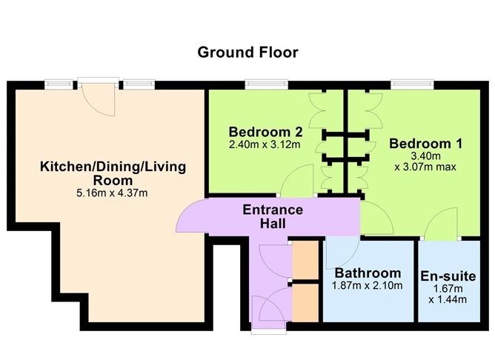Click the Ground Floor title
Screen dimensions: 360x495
(x=247, y=53)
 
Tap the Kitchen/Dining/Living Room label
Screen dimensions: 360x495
(x=113, y=173)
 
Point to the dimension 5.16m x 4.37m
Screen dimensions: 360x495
(x=113, y=193)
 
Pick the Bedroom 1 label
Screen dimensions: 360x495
(x=420, y=142)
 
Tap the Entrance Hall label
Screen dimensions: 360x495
(x=273, y=216)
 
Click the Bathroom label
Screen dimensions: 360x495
(x=368, y=273)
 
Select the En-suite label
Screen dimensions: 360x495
(x=448, y=276)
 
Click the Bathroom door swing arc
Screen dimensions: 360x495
(x=339, y=255)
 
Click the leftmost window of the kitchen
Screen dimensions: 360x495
(x=56, y=84)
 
